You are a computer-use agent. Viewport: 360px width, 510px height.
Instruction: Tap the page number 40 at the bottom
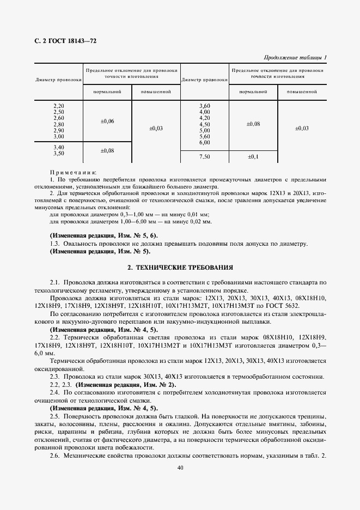coord(179,467)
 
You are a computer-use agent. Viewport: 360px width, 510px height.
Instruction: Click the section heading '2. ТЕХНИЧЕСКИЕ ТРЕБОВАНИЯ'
coord(180,268)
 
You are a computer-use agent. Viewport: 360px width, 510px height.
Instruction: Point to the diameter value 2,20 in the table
coord(59,105)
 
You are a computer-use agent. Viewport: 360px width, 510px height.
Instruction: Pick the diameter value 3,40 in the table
coord(59,147)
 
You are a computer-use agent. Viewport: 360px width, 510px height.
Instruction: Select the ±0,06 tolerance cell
coord(107,121)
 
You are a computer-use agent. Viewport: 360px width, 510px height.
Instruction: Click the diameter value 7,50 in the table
coord(204,156)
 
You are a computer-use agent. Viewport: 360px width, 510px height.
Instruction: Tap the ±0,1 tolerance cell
coord(253,156)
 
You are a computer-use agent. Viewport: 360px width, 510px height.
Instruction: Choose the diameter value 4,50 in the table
coord(204,124)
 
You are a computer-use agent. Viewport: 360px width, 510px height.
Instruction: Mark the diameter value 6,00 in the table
coord(204,142)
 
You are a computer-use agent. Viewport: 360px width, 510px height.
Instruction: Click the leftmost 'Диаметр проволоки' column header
coord(59,80)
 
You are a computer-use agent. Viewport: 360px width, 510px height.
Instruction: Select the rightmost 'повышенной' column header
coord(302,92)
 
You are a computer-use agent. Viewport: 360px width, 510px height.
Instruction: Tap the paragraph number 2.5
coord(55,416)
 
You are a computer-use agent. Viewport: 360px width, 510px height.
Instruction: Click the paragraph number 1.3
coord(55,244)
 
